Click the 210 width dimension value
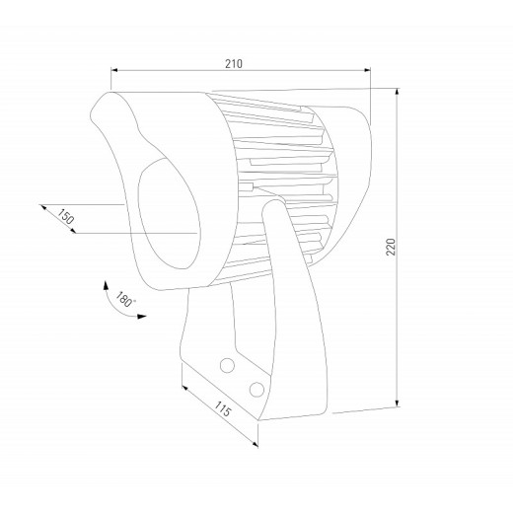(x=234, y=62)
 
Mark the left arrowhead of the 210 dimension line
(x=113, y=70)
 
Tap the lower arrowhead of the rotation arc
(x=143, y=318)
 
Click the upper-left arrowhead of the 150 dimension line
(x=41, y=205)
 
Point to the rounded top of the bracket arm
(x=278, y=209)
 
